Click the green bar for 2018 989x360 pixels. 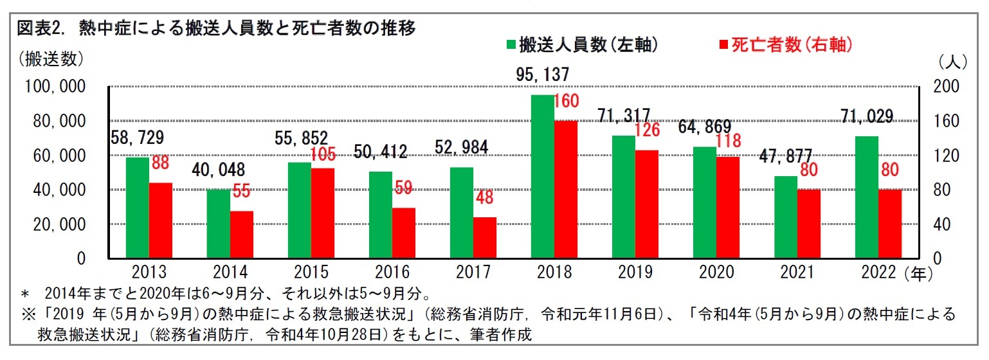coord(542,177)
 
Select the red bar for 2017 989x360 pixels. coord(485,238)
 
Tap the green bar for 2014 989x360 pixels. coord(218,224)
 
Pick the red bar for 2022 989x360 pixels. coord(890,224)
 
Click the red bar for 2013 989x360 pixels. coord(161,221)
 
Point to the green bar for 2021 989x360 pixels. coord(786,217)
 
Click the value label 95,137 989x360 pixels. coord(542,75)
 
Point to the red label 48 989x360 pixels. coord(484,197)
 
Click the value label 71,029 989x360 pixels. coord(866,116)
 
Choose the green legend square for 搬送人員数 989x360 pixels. coord(511,45)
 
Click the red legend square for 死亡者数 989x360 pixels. coord(723,45)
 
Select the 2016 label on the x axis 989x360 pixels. coord(392,273)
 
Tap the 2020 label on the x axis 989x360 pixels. coord(716,273)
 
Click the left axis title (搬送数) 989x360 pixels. coord(51,59)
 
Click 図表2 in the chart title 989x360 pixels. coord(41,28)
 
